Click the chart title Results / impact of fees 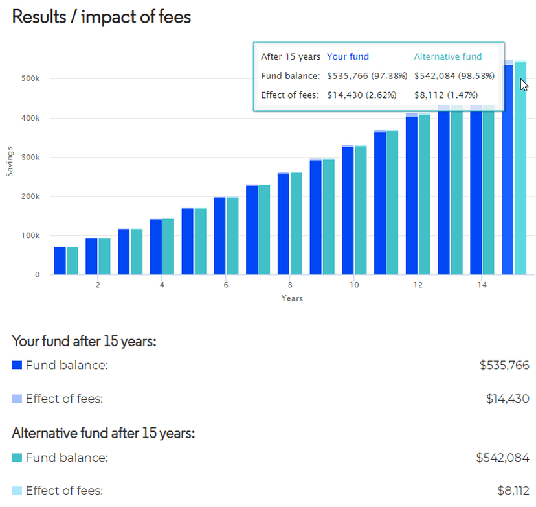[102, 17]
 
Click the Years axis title [292, 298]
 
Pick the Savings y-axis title [10, 161]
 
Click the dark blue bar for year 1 [60, 261]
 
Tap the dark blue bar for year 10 [348, 211]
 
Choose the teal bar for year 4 [168, 247]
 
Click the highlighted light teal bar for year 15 [520, 169]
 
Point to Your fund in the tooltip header [348, 57]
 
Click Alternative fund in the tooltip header [448, 57]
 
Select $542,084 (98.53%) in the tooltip [454, 76]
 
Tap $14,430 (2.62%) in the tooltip [362, 95]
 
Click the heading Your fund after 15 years [84, 340]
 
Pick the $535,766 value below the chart [504, 365]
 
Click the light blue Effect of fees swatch [17, 399]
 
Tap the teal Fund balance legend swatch [17, 458]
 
